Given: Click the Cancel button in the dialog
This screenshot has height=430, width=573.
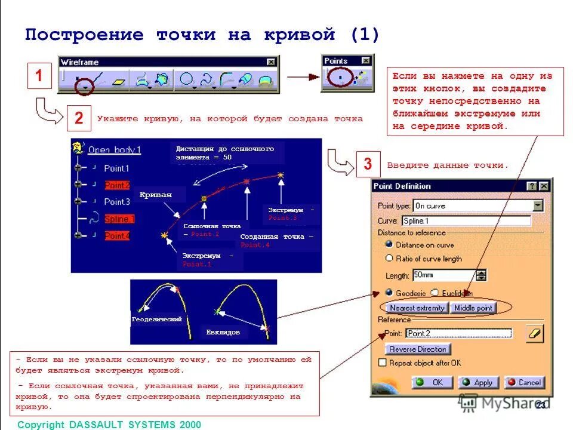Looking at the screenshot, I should pos(523,382).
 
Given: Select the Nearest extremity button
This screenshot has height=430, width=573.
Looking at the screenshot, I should pos(417,308).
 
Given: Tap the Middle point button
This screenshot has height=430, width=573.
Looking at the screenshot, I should pos(473,308).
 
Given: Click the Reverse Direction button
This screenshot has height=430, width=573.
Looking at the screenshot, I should pos(417,349).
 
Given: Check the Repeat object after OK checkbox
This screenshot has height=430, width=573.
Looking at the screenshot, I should pos(383,363).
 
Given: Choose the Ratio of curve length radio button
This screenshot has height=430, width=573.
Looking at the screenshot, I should pos(390,259).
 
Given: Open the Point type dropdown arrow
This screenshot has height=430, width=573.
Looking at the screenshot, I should pos(538,205).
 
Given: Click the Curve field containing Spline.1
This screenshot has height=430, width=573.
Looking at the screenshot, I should pos(466,220).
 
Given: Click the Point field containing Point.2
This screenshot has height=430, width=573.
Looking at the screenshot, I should pos(458,333).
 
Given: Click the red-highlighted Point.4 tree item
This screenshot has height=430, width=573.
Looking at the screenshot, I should pos(117,236).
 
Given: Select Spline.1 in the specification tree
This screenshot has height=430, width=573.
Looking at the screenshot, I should pos(119,219).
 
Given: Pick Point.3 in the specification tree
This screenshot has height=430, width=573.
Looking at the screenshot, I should pos(117,202).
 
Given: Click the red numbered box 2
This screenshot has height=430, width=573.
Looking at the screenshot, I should pos(79,118).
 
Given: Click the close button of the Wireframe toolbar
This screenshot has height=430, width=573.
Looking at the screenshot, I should pos(271,62).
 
